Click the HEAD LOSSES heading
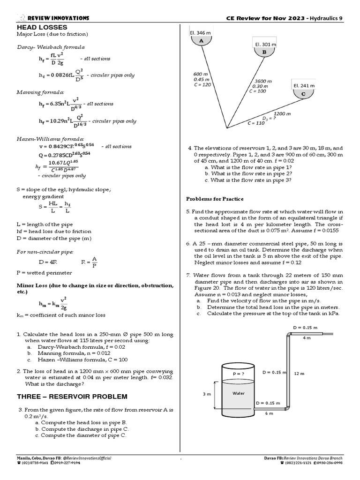(x=42, y=28)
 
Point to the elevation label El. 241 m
(x=303, y=86)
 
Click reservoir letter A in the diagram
(x=202, y=41)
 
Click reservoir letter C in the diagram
(x=303, y=94)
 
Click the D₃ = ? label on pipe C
(x=269, y=118)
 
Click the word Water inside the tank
(x=239, y=393)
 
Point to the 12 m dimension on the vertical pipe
(x=299, y=374)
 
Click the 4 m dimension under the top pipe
(x=307, y=337)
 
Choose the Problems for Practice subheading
(x=215, y=199)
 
